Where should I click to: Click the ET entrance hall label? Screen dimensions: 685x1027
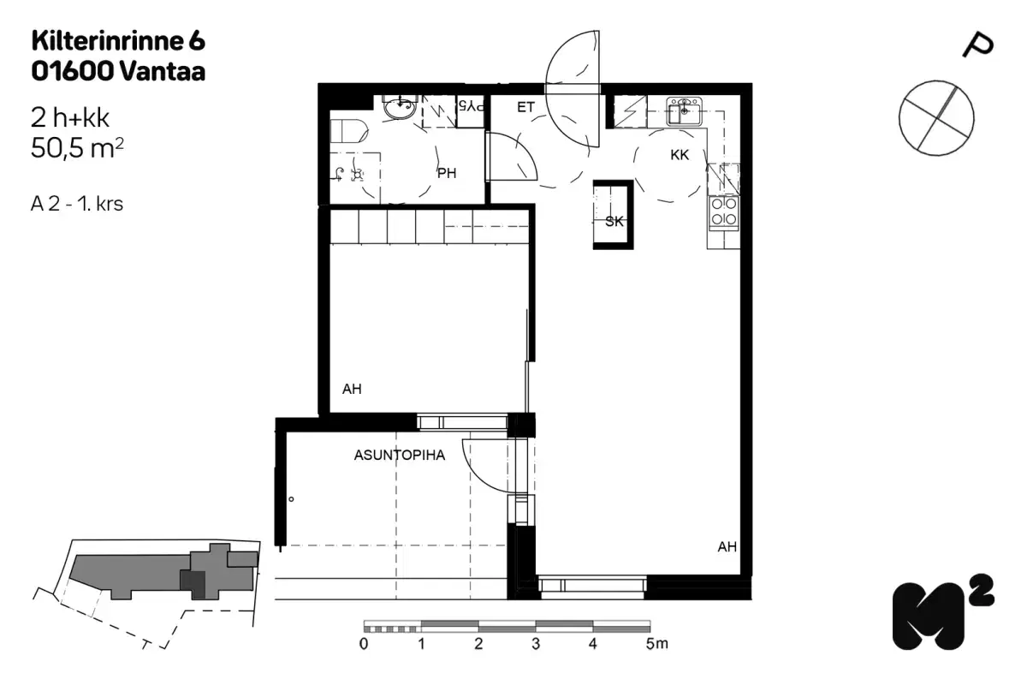[x=525, y=108]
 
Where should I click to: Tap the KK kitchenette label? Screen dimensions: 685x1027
[x=680, y=156]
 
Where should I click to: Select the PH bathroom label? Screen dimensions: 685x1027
[x=447, y=174]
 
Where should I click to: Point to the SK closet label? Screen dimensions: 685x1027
[x=614, y=222]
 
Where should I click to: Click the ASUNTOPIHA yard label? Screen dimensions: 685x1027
[x=400, y=456]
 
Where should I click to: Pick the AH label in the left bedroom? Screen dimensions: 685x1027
[x=352, y=390]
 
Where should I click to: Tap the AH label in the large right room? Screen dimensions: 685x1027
[x=727, y=547]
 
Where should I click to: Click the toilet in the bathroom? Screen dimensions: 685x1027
[x=348, y=131]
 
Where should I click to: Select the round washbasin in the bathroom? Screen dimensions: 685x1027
[x=399, y=109]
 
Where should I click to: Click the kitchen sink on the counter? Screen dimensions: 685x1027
[x=684, y=111]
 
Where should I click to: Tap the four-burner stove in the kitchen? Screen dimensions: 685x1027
[x=724, y=211]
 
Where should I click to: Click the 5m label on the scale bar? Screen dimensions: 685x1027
[x=656, y=643]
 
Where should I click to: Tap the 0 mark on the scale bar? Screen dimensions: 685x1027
[x=365, y=643]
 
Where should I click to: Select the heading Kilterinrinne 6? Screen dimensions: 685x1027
[x=118, y=40]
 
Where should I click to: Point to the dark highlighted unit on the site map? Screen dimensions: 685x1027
[x=193, y=584]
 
